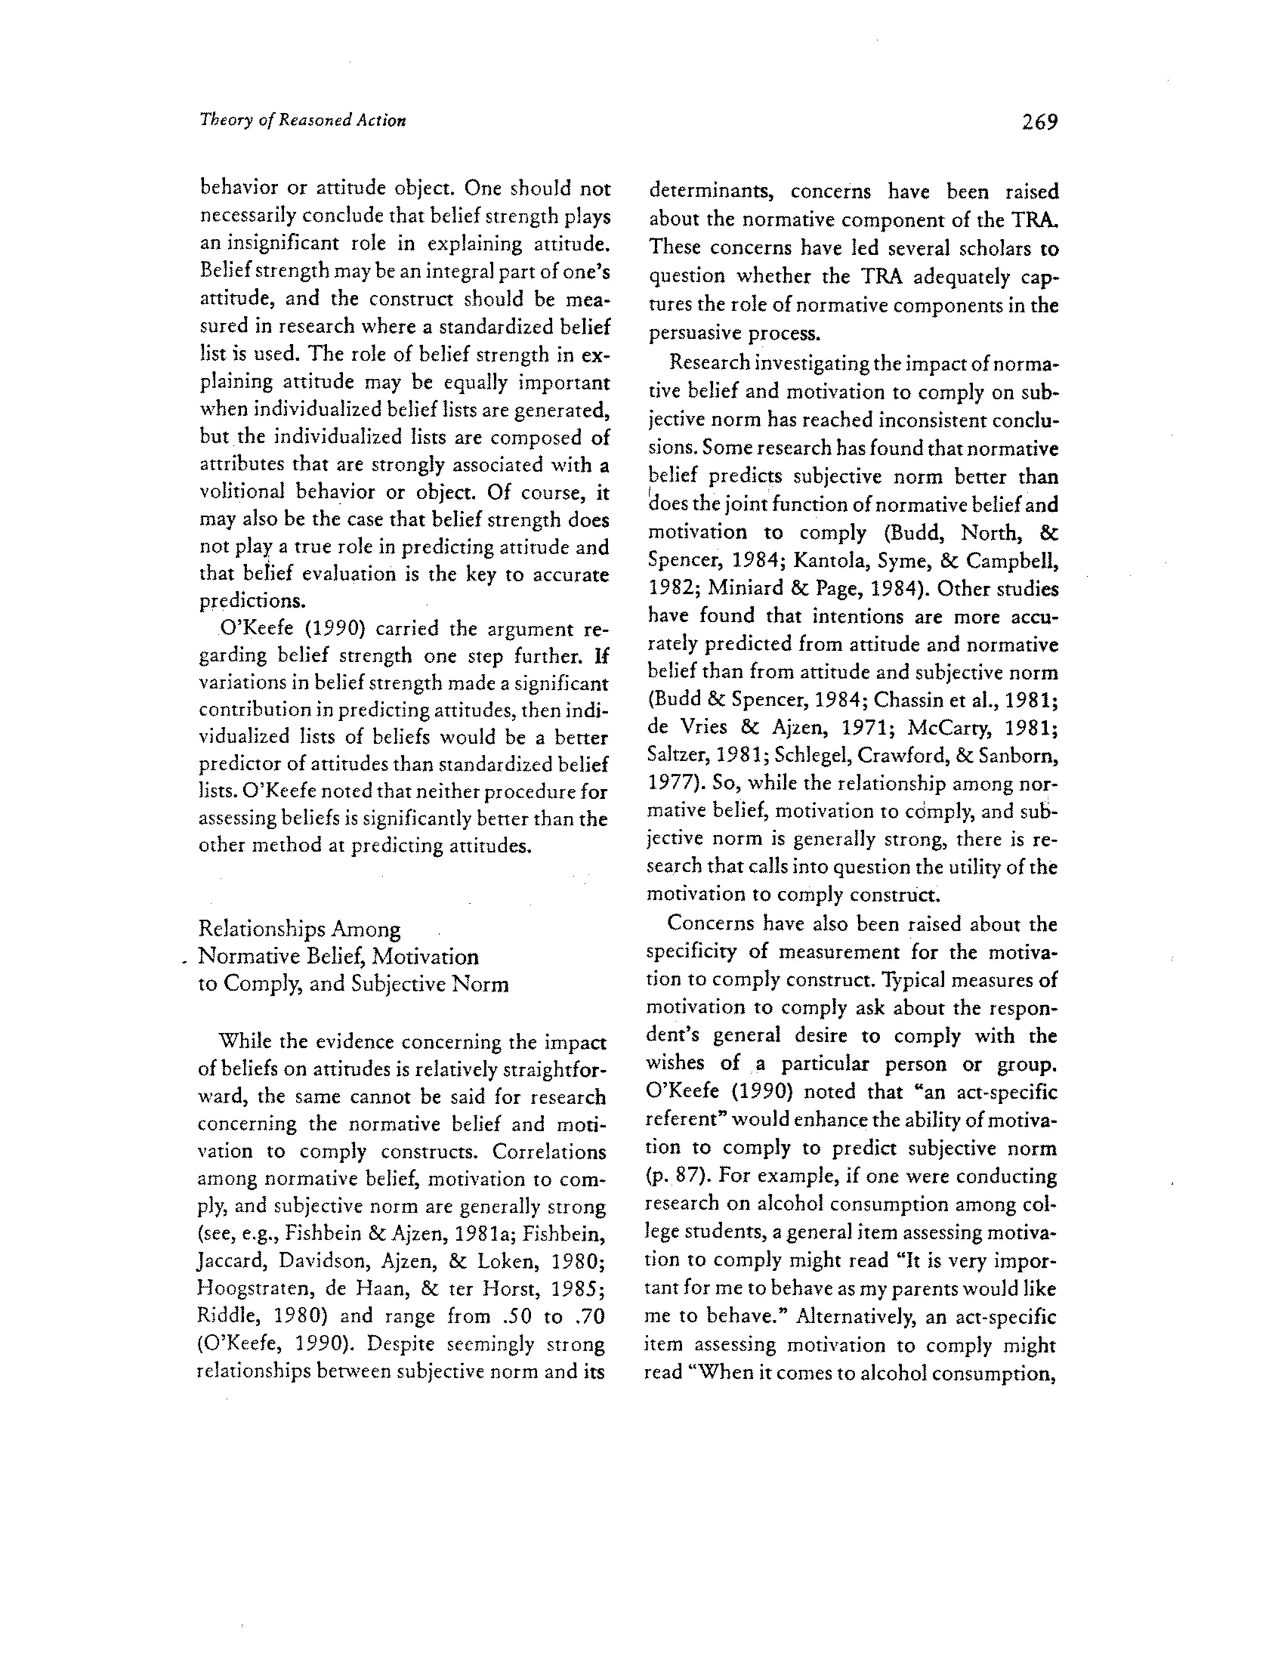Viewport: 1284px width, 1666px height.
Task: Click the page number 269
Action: tap(1039, 122)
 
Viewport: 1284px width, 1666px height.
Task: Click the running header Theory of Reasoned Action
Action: tap(302, 120)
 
